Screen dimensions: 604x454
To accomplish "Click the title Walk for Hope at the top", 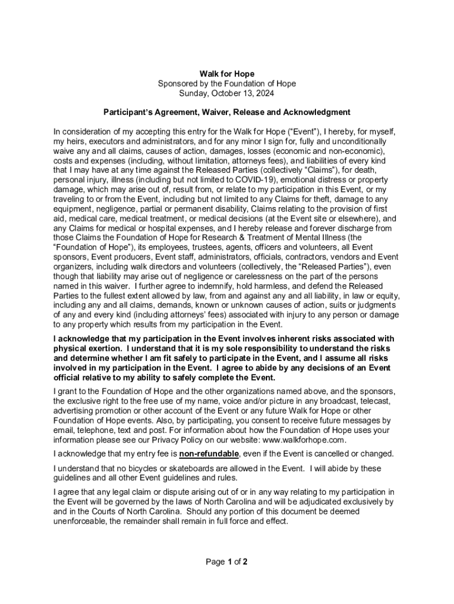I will (226, 74).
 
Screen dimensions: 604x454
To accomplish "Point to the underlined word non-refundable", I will (209, 454).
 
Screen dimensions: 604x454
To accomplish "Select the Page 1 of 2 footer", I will (226, 562).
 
